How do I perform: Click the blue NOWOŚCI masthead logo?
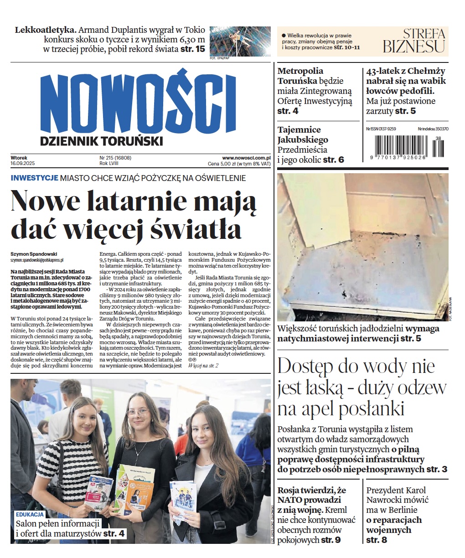tap(139, 103)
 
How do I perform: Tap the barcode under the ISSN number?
tap(406, 147)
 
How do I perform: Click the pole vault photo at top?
tap(239, 41)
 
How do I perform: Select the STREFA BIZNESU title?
tap(414, 41)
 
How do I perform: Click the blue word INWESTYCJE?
tap(34, 178)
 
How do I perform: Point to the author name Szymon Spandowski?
tap(34, 254)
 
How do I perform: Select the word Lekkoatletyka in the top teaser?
tap(45, 30)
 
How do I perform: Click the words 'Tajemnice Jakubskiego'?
tap(302, 134)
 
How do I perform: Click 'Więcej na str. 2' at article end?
tap(203, 365)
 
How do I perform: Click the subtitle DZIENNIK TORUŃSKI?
tap(101, 141)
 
